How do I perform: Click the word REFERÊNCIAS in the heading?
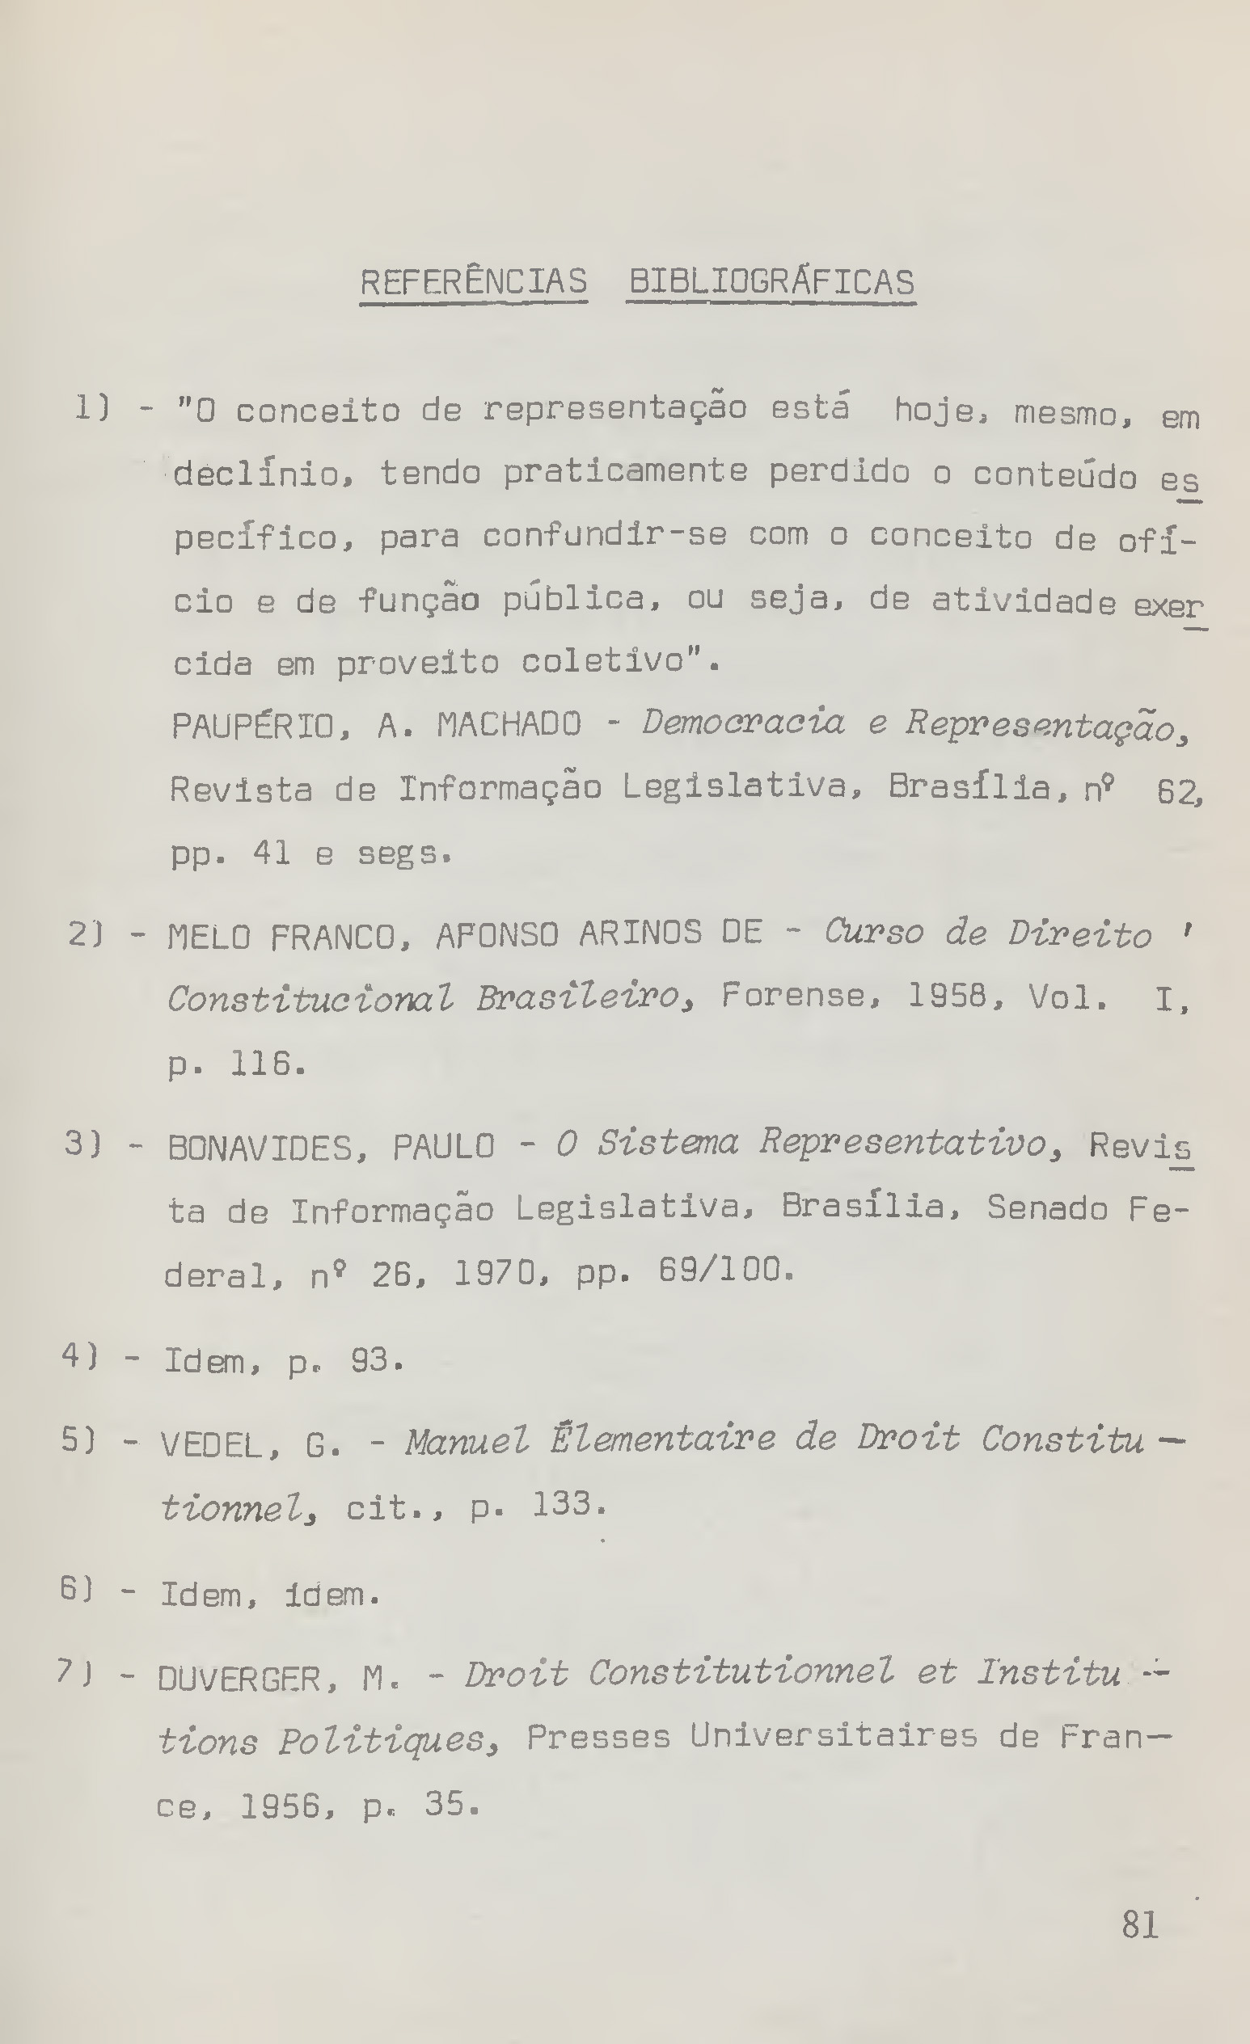(x=473, y=282)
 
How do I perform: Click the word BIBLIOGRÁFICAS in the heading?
(x=771, y=282)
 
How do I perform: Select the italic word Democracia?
(x=743, y=723)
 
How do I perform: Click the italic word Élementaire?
(x=661, y=1439)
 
